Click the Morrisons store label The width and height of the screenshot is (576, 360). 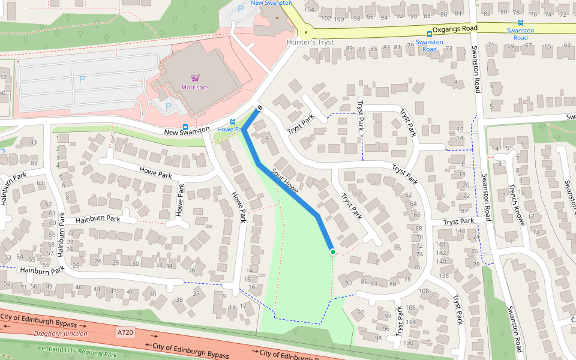(196, 88)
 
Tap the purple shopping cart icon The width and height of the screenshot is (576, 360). (195, 78)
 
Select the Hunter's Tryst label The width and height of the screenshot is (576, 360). (310, 43)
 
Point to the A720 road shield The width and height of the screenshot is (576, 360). (125, 332)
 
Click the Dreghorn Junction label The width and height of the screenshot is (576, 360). (61, 334)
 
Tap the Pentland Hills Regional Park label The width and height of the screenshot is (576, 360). (77, 352)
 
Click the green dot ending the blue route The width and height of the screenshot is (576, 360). (332, 252)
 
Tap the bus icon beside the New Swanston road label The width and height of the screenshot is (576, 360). (185, 127)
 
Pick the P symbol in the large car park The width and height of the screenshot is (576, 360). (82, 79)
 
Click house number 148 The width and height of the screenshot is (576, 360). (460, 232)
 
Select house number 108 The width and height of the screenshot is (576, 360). (424, 291)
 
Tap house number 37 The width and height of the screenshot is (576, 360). (196, 293)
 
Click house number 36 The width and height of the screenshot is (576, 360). (191, 270)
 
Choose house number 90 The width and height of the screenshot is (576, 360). (348, 283)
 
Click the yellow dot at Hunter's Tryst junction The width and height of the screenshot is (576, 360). (306, 32)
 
